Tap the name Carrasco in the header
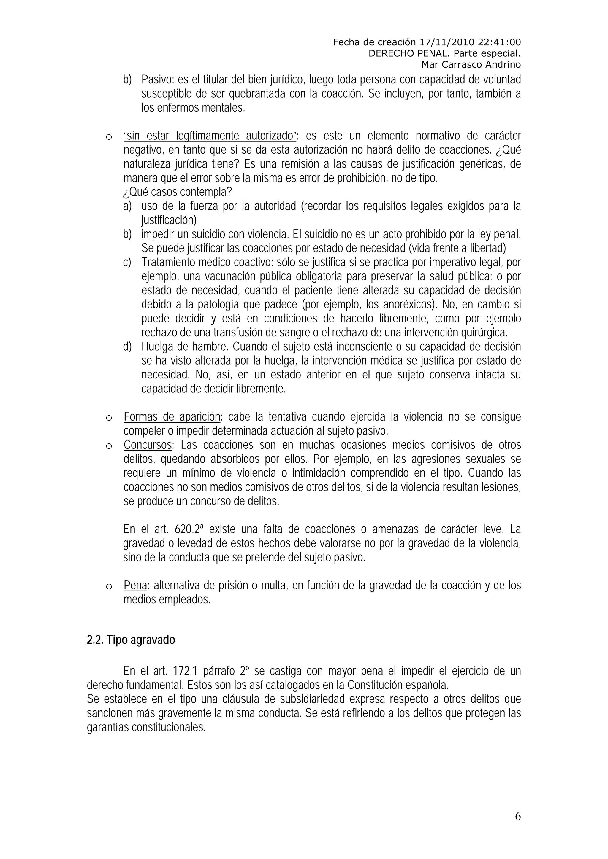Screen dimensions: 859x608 click(x=463, y=65)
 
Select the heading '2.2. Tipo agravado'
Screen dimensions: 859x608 click(x=131, y=640)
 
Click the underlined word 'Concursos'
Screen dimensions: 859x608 click(x=148, y=445)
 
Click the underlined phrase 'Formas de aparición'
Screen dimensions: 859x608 click(x=172, y=417)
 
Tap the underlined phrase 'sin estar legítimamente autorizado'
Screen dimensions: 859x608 click(x=210, y=136)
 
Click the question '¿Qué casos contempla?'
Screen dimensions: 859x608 click(x=178, y=192)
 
